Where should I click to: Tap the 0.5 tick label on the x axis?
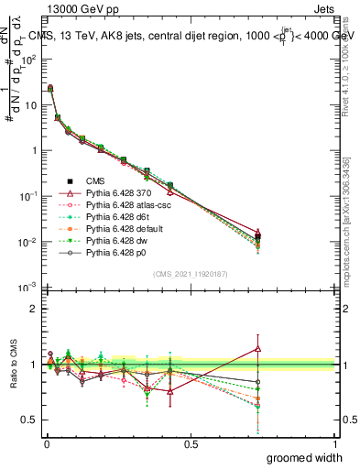(191, 443)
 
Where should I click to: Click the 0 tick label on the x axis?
(46, 443)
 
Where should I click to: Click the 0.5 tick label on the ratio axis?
(29, 420)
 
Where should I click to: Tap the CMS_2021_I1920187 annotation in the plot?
(191, 274)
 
